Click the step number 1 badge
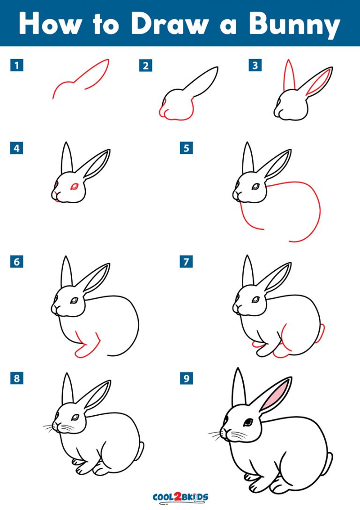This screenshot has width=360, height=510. coord(17,66)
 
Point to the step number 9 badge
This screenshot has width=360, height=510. coord(187,378)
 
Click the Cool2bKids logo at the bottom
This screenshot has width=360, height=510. coord(180,497)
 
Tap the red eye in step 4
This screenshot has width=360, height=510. coord(74,187)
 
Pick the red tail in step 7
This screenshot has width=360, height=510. coord(322,332)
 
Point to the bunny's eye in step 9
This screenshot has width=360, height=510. coord(248,422)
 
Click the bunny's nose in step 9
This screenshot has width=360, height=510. coord(225,430)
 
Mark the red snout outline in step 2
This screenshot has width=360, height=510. coord(164,111)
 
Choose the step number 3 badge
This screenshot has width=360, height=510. coord(255,66)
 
